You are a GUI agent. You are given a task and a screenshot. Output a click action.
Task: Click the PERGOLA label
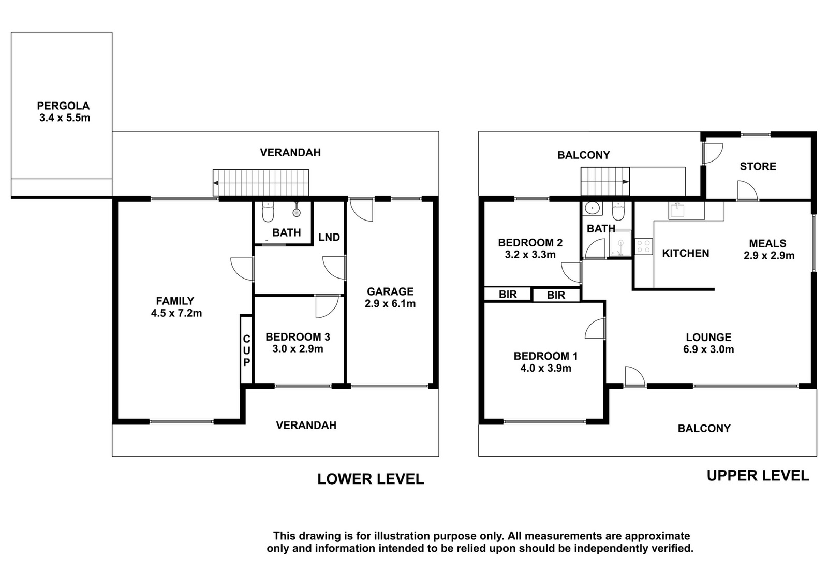[63, 106]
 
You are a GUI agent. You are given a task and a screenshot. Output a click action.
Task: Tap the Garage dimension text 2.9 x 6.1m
[390, 303]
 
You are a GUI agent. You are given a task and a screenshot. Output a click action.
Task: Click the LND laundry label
[329, 237]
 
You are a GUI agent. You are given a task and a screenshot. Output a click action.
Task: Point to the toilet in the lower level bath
[267, 212]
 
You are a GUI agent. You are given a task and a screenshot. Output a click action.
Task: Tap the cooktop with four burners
[644, 246]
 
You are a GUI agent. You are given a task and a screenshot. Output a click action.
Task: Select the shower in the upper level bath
[620, 244]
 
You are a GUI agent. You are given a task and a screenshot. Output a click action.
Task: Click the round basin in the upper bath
[592, 209]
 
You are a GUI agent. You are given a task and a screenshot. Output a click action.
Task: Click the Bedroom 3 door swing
[327, 306]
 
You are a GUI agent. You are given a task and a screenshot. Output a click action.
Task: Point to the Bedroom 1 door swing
[595, 328]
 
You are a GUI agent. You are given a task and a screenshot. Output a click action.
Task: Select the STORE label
[758, 166]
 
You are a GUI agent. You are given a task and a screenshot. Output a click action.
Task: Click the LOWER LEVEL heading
[371, 479]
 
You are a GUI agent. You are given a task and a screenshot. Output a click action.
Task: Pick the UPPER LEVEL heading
[758, 475]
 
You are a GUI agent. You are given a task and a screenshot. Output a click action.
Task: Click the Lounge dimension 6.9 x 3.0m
[708, 349]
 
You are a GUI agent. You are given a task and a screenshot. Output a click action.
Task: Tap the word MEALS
[768, 243]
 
